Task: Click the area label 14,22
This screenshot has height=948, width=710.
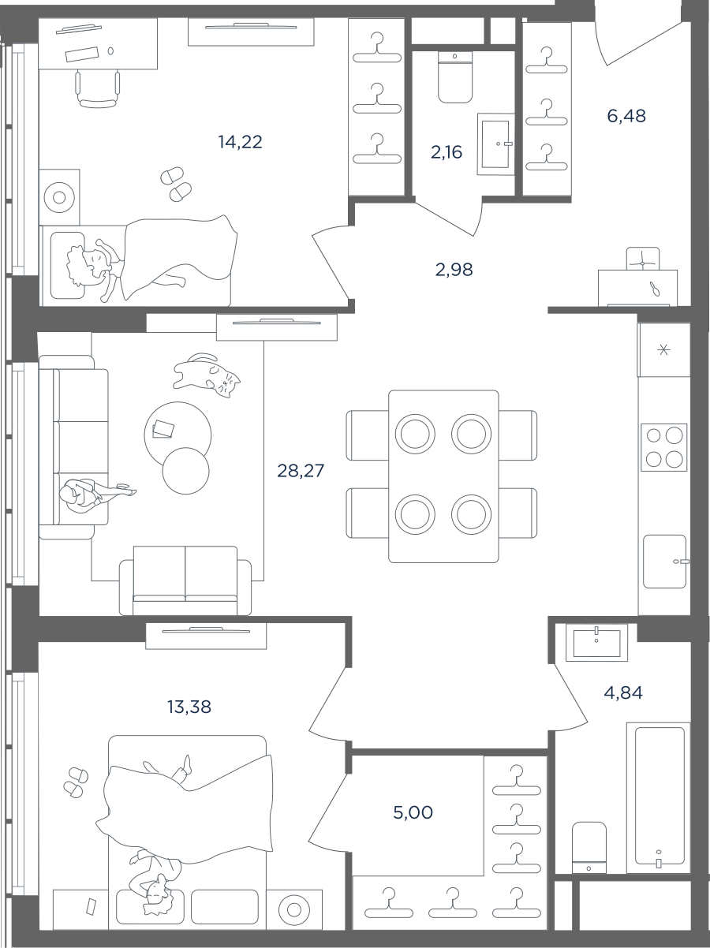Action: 240,142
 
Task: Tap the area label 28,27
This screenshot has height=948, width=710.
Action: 301,470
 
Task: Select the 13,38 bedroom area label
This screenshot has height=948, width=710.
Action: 189,707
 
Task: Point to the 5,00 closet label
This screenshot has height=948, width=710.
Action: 413,812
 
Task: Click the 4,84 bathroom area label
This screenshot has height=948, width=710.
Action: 623,692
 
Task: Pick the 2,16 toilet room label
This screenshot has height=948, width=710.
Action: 447,152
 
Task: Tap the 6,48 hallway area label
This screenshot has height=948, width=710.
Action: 626,116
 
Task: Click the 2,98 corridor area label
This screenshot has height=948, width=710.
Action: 454,270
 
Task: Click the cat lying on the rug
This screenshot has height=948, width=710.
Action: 207,374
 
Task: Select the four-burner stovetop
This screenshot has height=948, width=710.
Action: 663,447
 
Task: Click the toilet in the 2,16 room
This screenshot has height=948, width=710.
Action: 455,77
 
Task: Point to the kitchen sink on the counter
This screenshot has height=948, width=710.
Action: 665,562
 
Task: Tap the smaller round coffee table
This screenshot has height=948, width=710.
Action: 185,470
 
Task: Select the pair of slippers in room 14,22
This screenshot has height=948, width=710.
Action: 176,185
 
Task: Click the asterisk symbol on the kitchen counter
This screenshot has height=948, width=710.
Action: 663,350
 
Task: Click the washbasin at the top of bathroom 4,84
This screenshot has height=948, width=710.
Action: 597,642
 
